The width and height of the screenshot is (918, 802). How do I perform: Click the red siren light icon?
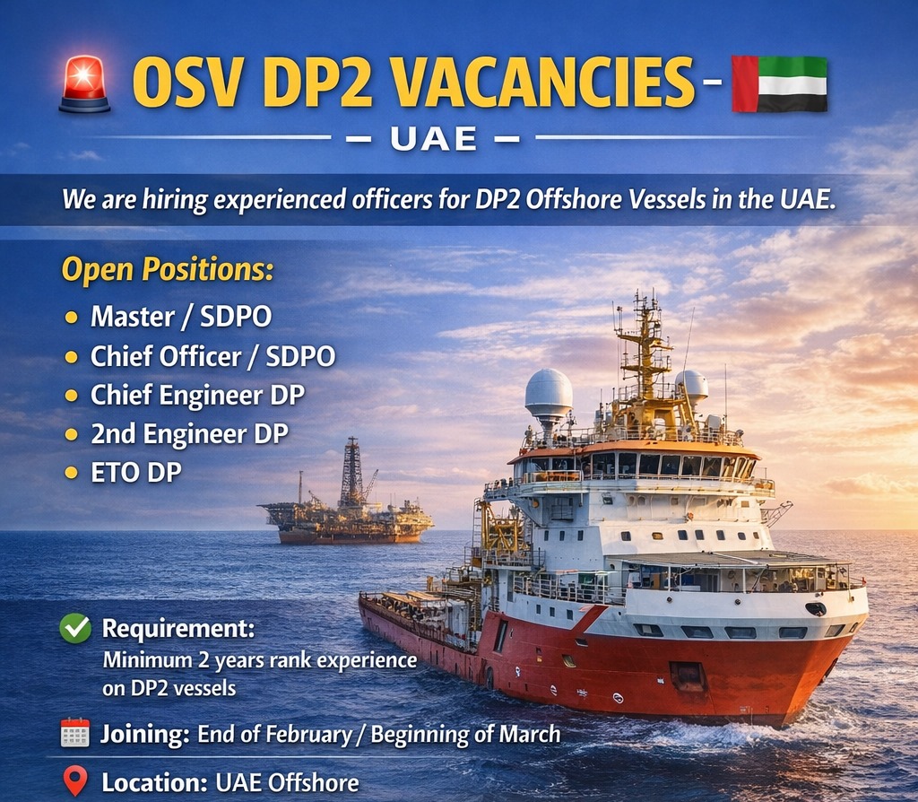[x=84, y=84]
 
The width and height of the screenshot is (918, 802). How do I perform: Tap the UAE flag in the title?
[x=779, y=83]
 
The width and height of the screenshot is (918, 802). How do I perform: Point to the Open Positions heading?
[x=167, y=270]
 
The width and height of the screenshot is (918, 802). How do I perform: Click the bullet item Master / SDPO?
[x=180, y=317]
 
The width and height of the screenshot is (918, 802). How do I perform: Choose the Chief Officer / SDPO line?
[x=212, y=356]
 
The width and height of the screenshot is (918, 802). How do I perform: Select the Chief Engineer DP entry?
[x=196, y=396]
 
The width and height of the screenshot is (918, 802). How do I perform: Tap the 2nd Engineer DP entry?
[x=189, y=434]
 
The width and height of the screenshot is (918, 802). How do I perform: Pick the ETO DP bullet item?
[x=135, y=473]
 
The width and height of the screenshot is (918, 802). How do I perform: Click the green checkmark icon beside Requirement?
[x=74, y=629]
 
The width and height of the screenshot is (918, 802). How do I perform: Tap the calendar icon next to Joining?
[x=74, y=734]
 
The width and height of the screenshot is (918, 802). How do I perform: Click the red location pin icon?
[x=75, y=780]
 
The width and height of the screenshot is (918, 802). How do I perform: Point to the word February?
[x=307, y=734]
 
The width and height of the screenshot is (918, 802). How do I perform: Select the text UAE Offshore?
[x=287, y=781]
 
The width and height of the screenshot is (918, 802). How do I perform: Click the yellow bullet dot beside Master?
[x=71, y=318]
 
